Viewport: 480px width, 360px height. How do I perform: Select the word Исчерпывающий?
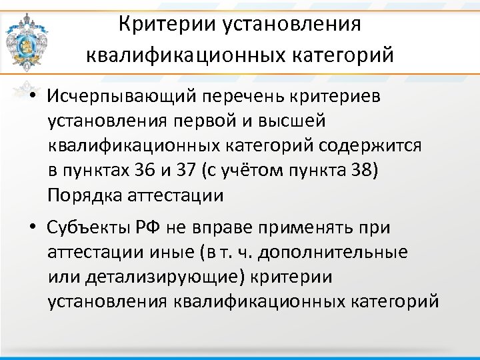pos(118,97)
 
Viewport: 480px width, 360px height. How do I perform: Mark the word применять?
pos(301,228)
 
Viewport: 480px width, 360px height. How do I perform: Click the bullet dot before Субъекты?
pos(32,228)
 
